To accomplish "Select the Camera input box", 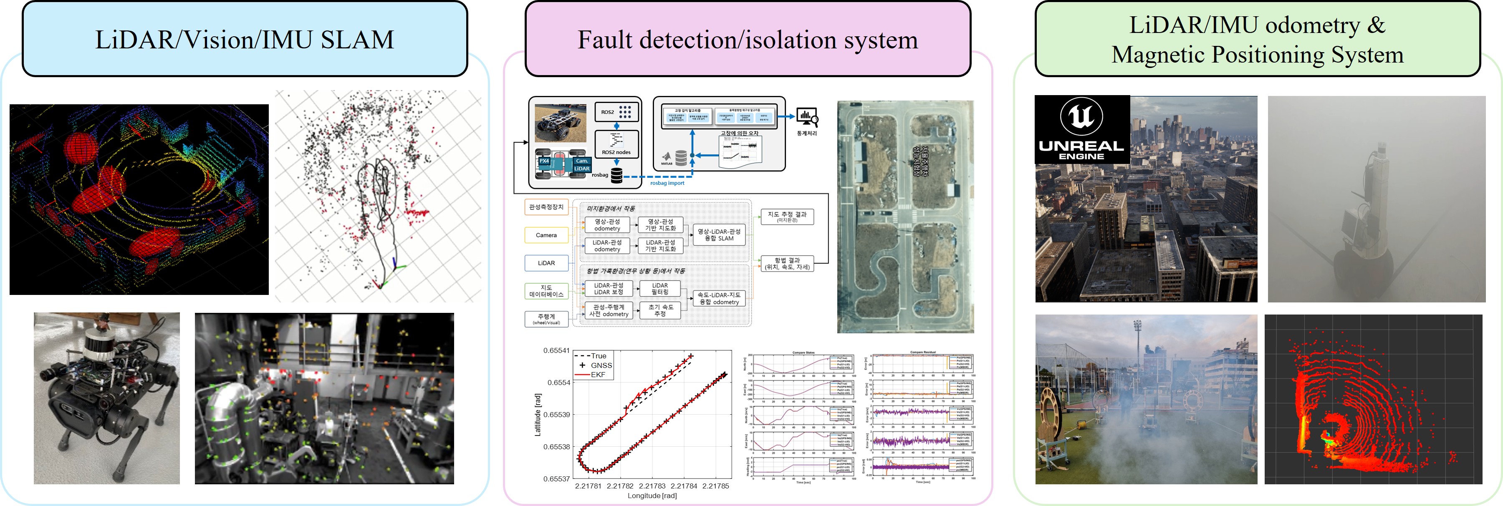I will tap(546, 235).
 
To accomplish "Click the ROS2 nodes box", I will tap(616, 144).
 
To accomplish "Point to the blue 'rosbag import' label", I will tap(667, 183).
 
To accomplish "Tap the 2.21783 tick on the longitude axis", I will tap(652, 486).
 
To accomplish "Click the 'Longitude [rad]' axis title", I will tap(652, 496).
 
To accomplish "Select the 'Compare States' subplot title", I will tap(803, 352).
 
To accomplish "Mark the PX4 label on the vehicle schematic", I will tap(544, 161).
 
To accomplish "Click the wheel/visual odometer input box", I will tap(546, 319).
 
